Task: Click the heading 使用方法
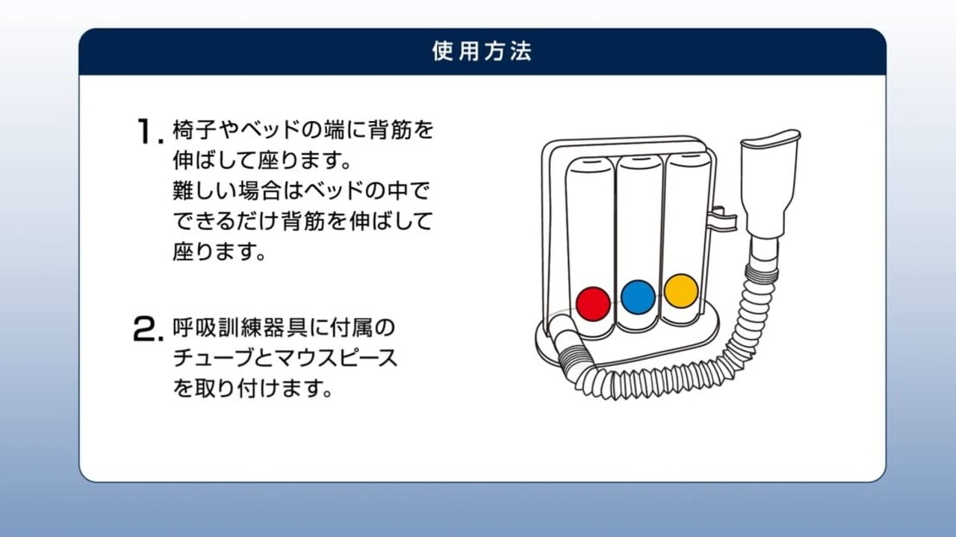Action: coord(482,52)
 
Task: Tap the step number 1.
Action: coord(149,131)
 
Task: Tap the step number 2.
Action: coord(148,329)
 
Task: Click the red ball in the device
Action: coord(593,303)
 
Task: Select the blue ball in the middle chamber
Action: coord(638,297)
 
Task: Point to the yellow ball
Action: coord(681,291)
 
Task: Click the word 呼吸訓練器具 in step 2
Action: coord(237,327)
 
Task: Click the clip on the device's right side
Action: coord(724,220)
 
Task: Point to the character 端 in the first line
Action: coord(335,129)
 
